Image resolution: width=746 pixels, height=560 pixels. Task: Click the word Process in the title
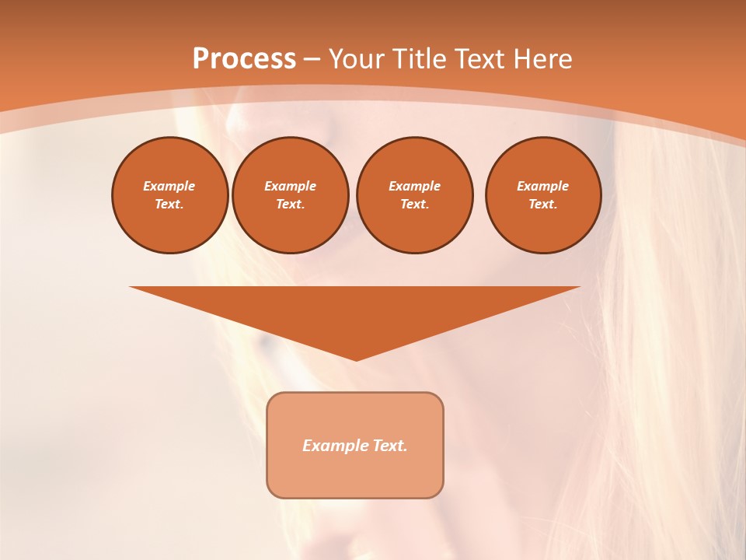pyautogui.click(x=244, y=59)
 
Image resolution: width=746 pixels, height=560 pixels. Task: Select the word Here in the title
pyautogui.click(x=542, y=59)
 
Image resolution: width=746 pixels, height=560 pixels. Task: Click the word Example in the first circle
pyautogui.click(x=169, y=186)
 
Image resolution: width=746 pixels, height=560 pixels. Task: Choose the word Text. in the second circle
pyautogui.click(x=290, y=205)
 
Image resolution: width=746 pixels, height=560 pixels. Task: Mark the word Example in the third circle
pyautogui.click(x=414, y=186)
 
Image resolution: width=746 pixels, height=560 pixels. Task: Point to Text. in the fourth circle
pyautogui.click(x=543, y=205)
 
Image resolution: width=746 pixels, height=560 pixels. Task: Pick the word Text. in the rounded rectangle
pyautogui.click(x=389, y=446)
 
